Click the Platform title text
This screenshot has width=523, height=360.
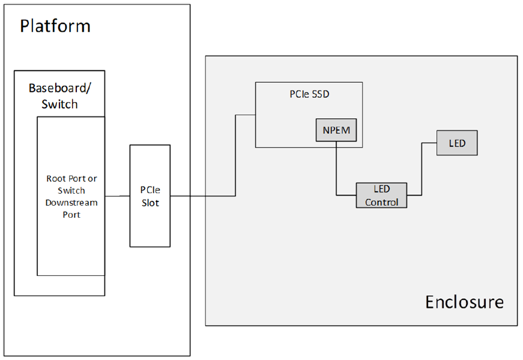[x=55, y=26]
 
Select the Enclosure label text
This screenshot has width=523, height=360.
[x=464, y=301]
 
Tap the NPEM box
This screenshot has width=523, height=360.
[x=336, y=130]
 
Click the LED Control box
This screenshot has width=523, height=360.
[x=382, y=196]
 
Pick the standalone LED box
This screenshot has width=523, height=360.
[x=457, y=143]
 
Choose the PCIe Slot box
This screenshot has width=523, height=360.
[x=150, y=196]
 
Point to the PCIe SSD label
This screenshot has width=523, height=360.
[x=309, y=94]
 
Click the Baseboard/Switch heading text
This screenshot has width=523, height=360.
[x=59, y=96]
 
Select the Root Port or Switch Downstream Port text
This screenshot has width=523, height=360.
[x=71, y=196]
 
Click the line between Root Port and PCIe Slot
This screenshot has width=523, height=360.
[x=118, y=196]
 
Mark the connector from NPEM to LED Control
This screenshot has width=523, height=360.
[x=336, y=174]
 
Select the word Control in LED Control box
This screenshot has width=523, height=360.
[x=382, y=202]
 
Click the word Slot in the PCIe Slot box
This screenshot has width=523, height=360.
[x=150, y=203]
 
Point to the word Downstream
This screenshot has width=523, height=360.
[x=71, y=202]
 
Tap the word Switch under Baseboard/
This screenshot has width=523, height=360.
[x=59, y=104]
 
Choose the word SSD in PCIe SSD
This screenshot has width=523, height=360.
[x=321, y=94]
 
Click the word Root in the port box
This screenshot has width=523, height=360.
[x=56, y=178]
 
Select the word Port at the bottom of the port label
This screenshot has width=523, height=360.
[x=71, y=214]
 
